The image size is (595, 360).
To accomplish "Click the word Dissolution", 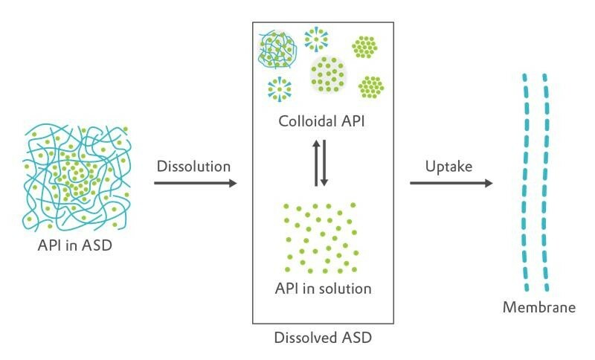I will (x=193, y=165).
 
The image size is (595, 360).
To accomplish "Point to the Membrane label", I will (x=539, y=307).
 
